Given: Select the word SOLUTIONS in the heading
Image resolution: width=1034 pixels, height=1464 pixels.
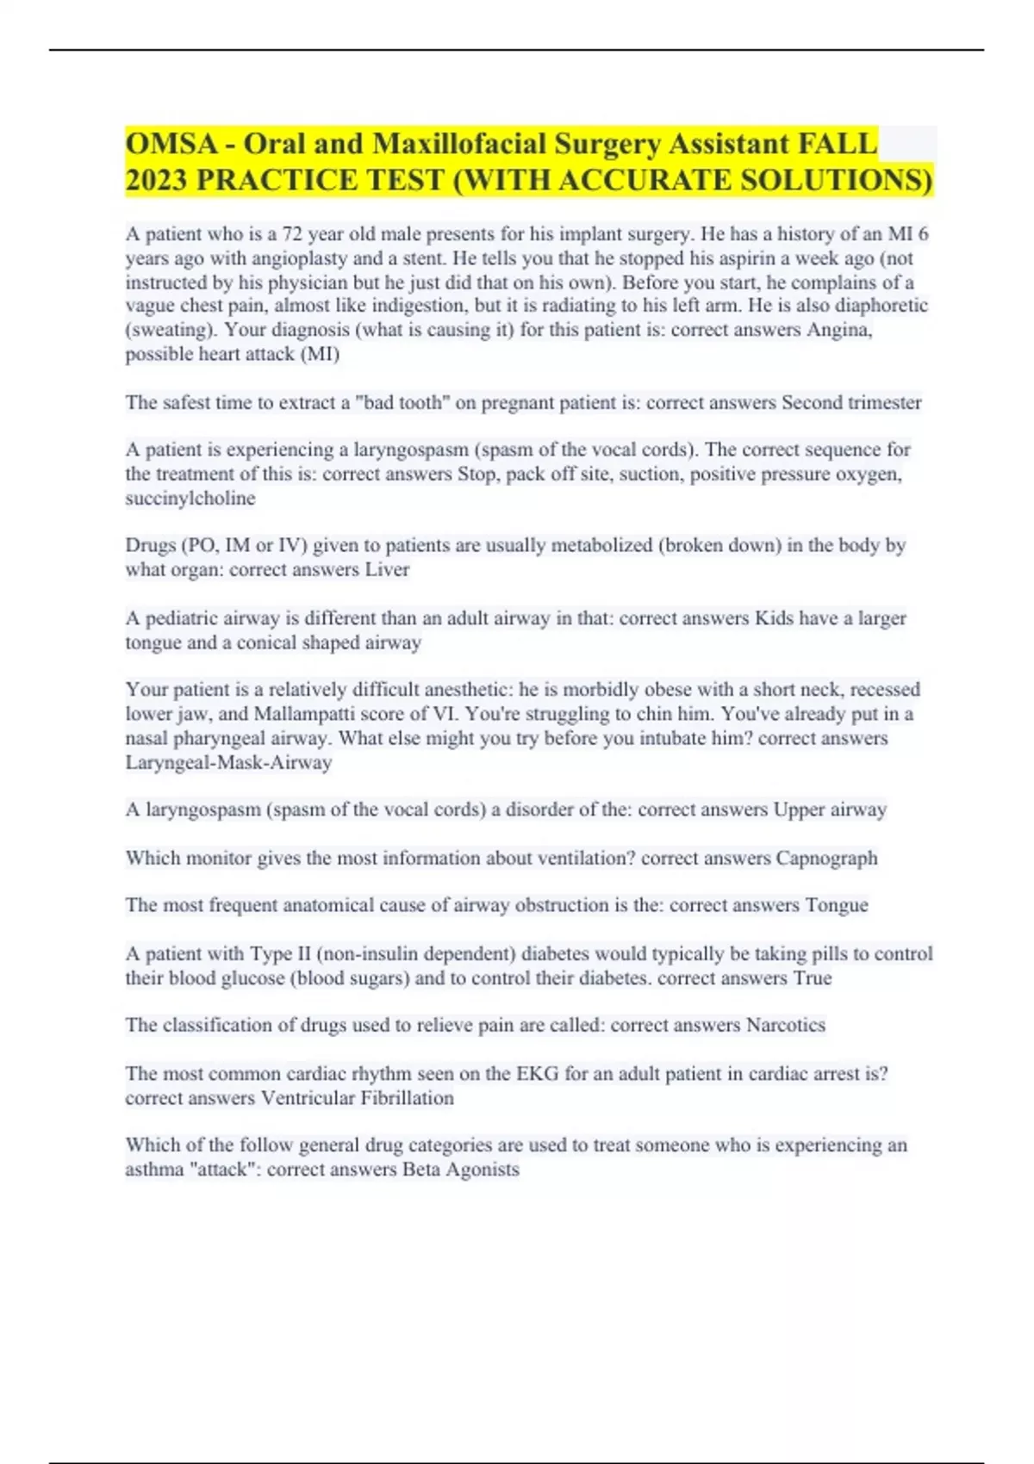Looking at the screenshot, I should point(837,180).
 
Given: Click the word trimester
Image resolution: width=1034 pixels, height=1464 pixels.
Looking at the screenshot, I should point(881,403).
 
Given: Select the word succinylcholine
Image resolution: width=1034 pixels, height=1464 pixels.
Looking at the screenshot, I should point(190,499).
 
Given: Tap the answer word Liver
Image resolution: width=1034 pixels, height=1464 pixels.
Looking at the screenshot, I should point(387,570).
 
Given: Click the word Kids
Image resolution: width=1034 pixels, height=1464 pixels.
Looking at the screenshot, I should point(774,618).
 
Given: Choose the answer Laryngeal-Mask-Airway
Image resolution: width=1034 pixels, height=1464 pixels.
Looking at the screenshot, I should point(228,763).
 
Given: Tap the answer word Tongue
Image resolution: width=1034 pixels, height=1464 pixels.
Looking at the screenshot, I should point(836,905).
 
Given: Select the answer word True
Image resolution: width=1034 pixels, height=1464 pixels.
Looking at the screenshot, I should point(813,978).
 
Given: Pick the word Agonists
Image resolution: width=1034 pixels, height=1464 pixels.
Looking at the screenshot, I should point(482,1169).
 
